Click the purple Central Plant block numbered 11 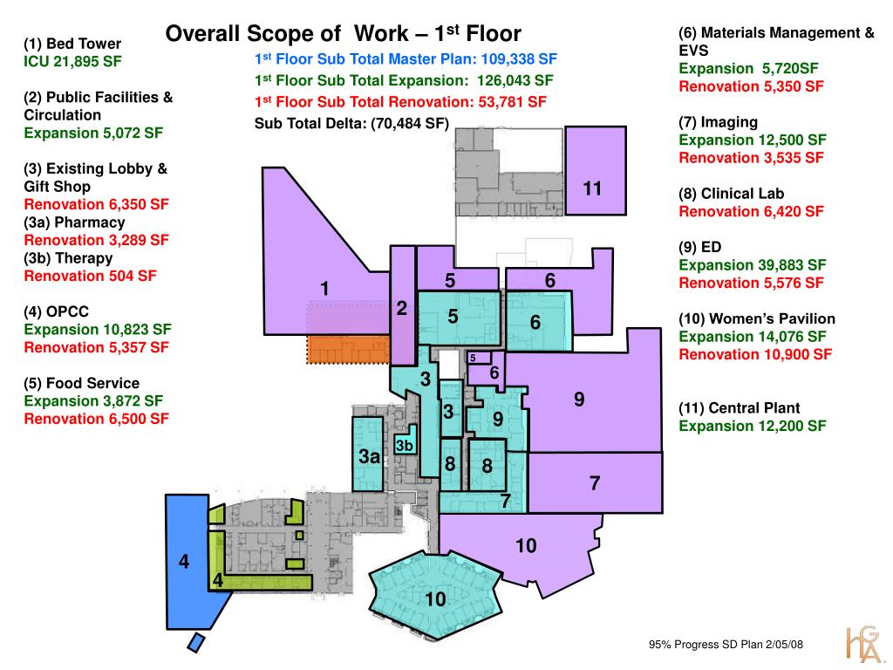[596, 171]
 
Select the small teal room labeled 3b [406, 441]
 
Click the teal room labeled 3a [369, 454]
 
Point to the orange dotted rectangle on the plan [349, 349]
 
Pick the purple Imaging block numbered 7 [595, 482]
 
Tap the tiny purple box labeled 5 [479, 358]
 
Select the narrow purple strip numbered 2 [403, 305]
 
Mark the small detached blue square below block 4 [195, 643]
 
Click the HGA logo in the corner [862, 645]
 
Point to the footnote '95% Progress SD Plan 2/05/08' [726, 645]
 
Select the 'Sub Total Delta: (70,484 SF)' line [351, 123]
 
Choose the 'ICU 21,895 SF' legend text [73, 62]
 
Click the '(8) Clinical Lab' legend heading [732, 194]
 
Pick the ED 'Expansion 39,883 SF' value [753, 265]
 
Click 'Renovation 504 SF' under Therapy [90, 277]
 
